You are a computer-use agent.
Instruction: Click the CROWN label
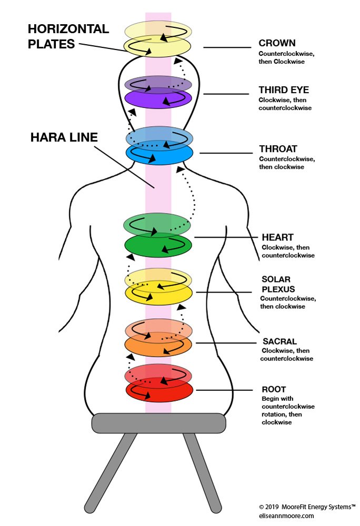[277, 43]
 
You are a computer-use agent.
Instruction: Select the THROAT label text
[278, 149]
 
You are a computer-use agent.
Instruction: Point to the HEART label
[277, 238]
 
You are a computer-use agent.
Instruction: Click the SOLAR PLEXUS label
[278, 284]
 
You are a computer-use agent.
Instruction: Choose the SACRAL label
[279, 341]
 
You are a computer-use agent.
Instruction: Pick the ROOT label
[274, 390]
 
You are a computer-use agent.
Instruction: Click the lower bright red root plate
[158, 393]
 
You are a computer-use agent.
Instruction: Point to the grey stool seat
[158, 422]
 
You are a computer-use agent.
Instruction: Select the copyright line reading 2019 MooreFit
[307, 507]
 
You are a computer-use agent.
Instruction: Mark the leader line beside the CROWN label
[227, 48]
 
